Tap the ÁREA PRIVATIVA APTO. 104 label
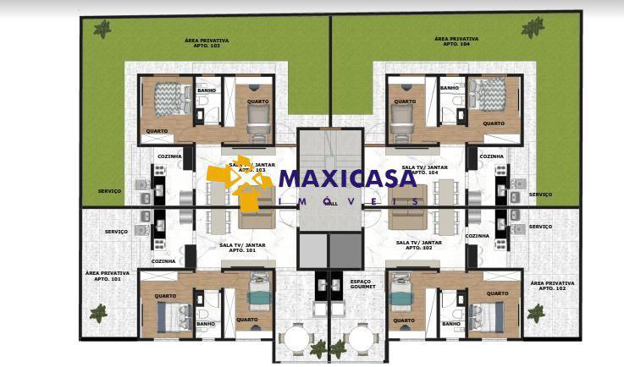(456, 41)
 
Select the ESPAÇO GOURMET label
(361, 284)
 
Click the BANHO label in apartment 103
(206, 90)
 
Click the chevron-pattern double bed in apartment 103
(173, 97)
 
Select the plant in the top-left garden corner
(102, 30)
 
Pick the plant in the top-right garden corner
(533, 28)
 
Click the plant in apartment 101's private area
(99, 313)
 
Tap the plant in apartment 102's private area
(535, 312)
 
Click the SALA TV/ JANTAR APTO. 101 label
(243, 247)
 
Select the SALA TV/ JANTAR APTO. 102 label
(413, 244)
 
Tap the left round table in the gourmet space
(297, 338)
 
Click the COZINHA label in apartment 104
(491, 156)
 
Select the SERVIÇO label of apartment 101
(116, 231)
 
